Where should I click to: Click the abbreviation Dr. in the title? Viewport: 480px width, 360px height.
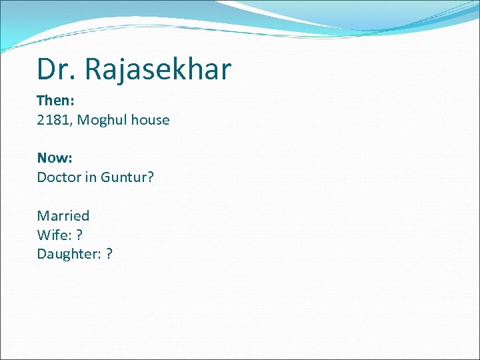54,69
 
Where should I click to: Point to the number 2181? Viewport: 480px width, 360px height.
51,120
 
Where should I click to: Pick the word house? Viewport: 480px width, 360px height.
150,120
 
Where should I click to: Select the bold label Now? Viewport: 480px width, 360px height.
55,158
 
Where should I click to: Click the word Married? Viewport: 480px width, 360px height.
63,215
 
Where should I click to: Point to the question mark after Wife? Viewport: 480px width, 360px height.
79,235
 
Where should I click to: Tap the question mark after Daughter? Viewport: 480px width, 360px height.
109,254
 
